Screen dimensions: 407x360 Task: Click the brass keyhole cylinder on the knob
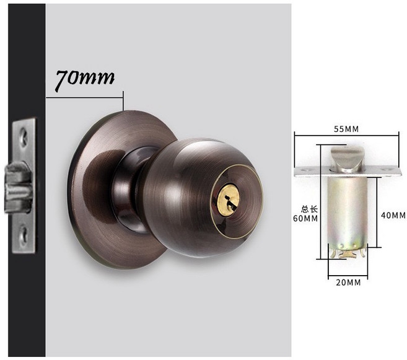point(228,200)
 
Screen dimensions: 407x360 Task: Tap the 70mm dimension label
point(85,79)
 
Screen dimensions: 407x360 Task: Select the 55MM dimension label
point(346,129)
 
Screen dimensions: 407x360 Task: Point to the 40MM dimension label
point(393,215)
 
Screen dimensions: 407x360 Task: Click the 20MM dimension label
point(348,283)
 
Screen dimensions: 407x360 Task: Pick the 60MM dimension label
point(305,219)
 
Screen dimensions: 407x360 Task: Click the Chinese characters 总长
point(309,209)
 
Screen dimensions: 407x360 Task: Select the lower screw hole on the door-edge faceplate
point(24,235)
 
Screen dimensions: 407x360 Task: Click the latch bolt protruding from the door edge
point(17,187)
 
